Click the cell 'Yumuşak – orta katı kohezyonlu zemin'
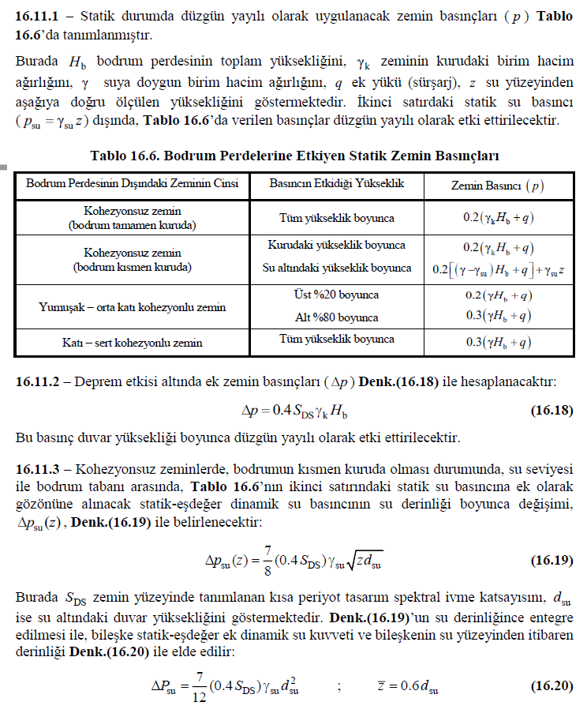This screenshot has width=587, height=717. coord(132,307)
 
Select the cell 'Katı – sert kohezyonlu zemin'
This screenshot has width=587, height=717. coord(132,343)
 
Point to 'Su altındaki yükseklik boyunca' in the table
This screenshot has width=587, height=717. coord(337,268)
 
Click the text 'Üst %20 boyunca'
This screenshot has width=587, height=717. coord(337,295)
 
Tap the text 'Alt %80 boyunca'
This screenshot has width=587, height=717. coord(337,317)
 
